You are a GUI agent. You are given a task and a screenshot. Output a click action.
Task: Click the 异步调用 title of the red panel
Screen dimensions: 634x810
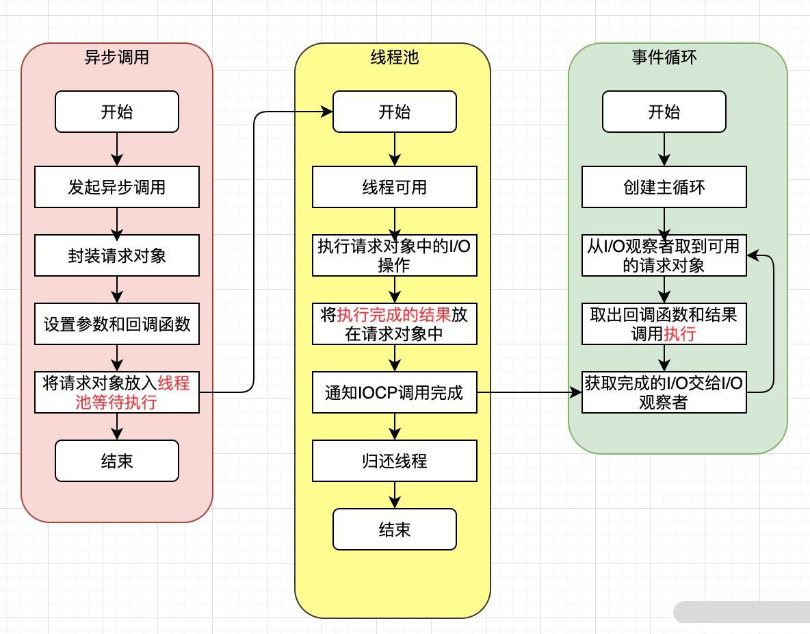[x=116, y=58]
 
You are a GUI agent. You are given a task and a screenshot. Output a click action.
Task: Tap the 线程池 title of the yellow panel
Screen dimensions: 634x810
[x=393, y=58]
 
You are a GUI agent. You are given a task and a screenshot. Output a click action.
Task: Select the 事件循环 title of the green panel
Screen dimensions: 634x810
[x=664, y=58]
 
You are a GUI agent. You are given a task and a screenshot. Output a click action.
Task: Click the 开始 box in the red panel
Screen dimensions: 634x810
[x=116, y=112]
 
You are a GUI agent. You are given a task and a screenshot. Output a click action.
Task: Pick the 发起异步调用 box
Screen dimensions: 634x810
[x=116, y=187]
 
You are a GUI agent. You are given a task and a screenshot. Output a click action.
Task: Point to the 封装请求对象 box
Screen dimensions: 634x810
[x=116, y=255]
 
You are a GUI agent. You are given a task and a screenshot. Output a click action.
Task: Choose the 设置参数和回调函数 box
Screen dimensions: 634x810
[x=116, y=324]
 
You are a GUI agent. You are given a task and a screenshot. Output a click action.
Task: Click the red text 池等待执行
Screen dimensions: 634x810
[x=116, y=402]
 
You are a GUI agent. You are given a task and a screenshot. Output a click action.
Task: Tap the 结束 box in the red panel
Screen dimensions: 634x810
[x=116, y=461]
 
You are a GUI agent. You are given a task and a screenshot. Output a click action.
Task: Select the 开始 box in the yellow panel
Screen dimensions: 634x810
[x=394, y=112]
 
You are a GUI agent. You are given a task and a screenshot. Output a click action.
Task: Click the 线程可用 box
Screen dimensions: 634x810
[x=394, y=187]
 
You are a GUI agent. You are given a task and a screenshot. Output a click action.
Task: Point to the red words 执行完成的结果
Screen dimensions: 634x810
[x=394, y=315]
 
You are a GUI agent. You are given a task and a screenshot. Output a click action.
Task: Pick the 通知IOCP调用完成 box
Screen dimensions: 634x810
[x=394, y=392]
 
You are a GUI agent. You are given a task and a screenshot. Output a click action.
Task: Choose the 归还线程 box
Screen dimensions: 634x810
[x=394, y=461]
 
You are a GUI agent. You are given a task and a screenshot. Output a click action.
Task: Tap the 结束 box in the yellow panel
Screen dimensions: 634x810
[x=394, y=529]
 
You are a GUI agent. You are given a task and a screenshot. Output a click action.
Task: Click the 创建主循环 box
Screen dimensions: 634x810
[x=664, y=187]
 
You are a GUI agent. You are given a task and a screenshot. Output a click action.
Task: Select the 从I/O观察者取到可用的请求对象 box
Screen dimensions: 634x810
[x=664, y=255]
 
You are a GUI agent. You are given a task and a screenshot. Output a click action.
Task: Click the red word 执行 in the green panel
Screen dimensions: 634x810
[x=680, y=334]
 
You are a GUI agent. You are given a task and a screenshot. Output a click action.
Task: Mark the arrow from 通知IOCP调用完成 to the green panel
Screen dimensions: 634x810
[x=527, y=392]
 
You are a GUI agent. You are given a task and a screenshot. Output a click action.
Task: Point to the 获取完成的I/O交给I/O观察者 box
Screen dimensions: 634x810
[x=664, y=392]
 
